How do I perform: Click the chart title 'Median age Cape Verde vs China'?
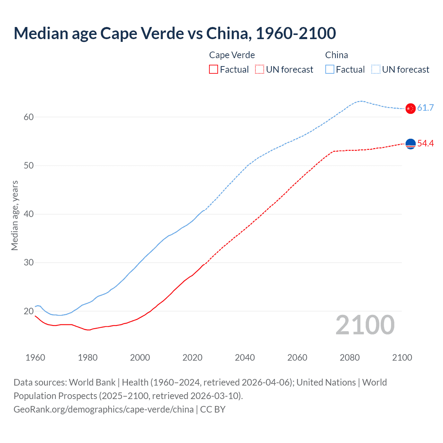175,33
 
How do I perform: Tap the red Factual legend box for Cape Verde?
214,70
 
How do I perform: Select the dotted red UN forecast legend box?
260,70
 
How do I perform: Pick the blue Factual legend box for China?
330,70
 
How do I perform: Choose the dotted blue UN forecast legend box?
376,70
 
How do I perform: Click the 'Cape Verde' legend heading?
232,55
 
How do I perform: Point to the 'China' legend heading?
336,55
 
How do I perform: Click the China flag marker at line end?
410,108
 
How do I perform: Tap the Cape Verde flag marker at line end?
410,144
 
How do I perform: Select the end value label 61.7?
425,108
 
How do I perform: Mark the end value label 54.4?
425,144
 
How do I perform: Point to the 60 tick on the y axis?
29,117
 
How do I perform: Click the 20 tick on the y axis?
29,311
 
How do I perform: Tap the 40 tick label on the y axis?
29,214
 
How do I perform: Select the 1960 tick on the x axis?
35,358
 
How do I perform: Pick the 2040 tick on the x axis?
245,358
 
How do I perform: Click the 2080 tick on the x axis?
350,358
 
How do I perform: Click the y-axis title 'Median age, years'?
15,215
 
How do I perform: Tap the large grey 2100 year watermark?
365,325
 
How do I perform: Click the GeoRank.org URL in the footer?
103,409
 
